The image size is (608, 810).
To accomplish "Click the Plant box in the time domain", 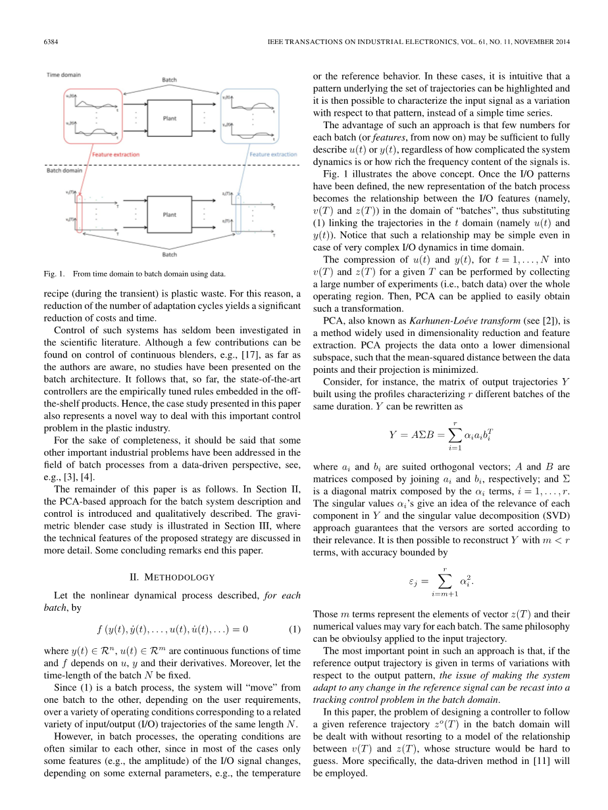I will pos(170,118).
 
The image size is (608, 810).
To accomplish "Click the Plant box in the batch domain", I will pos(170,214).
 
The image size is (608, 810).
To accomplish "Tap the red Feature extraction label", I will pos(115,155).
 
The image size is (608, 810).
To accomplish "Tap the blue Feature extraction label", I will pos(273,155).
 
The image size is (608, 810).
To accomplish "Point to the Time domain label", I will pos(64,75).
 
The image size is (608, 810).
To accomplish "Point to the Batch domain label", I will pos(64,171).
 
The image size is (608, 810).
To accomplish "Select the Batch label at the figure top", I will pos(169,80).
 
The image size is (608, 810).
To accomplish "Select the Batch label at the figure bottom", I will pos(169,254).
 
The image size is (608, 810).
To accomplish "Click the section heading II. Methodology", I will pos(172,577).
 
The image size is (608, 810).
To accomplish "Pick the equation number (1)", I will pos(295,629).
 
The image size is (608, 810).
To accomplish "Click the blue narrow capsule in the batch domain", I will pos(238,214).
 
